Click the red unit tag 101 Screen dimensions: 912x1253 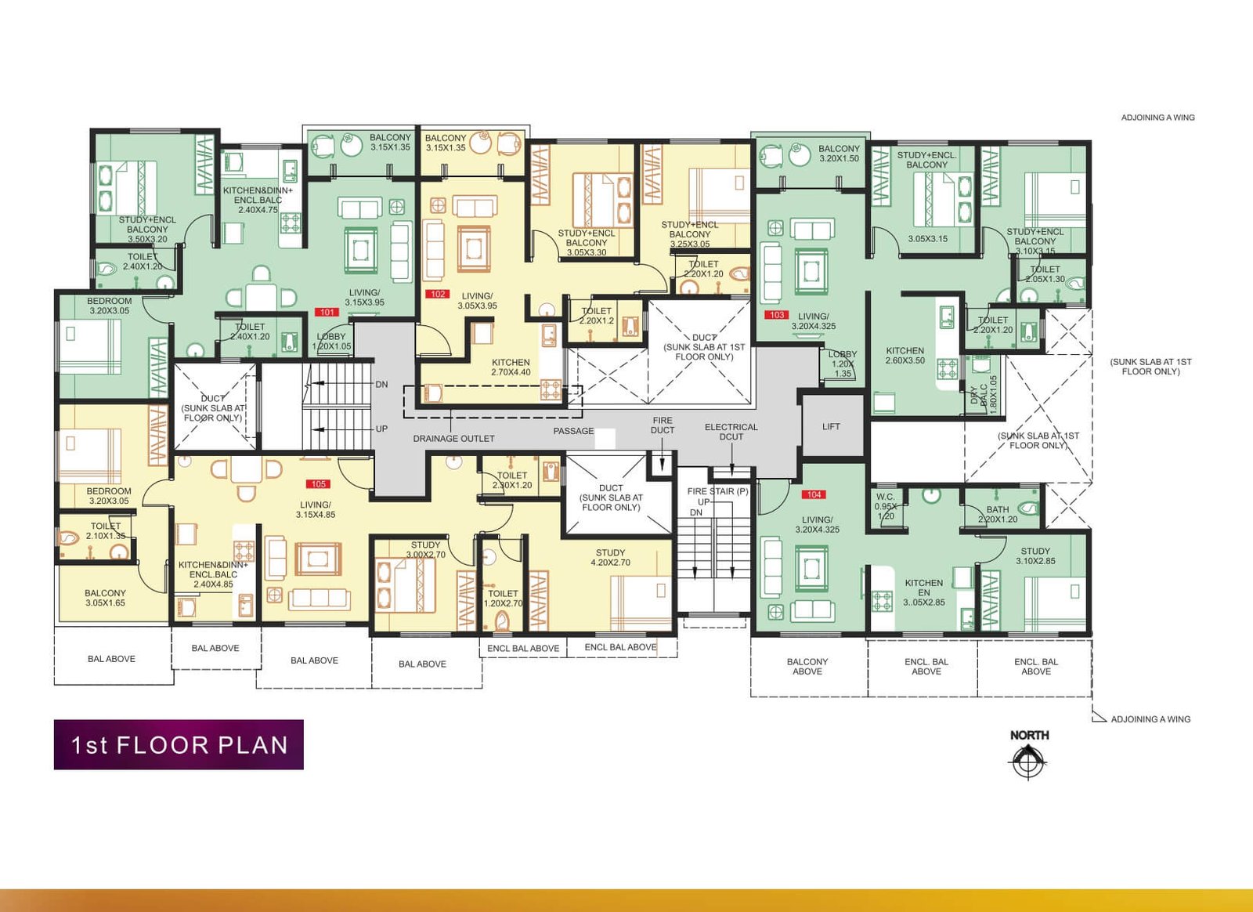pos(327,312)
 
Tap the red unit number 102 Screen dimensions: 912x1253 pos(437,295)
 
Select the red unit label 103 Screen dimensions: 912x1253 pos(775,315)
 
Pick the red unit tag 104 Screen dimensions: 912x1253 pos(814,494)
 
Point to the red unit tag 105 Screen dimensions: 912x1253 pos(318,484)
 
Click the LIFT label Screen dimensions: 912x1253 pos(831,427)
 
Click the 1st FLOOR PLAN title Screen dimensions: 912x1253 pos(179,744)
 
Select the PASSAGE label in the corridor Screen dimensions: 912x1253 pos(573,431)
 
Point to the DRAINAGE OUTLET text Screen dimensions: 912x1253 pos(453,439)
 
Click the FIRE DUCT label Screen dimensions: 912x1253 pos(662,425)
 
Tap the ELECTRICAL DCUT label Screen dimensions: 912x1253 pos(731,432)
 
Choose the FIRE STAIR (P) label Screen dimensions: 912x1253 pos(717,491)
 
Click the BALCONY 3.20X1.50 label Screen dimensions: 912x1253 pos(839,154)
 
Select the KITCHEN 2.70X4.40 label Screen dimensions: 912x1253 pos(511,367)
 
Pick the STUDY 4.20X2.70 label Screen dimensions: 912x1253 pos(610,558)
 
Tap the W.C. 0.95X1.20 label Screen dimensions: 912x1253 pos(885,506)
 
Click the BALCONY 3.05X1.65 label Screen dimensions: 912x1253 pos(105,598)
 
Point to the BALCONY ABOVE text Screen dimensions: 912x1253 pos(807,666)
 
